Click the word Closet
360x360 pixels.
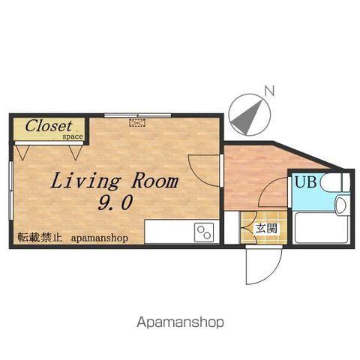pos(49,126)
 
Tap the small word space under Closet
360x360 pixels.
pos(73,136)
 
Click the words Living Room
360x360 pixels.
pos(115,181)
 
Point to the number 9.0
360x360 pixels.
pos(115,202)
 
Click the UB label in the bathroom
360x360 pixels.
pos(306,181)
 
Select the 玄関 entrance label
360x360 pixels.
pos(266,228)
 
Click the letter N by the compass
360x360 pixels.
pos(270,91)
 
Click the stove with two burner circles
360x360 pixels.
pos(204,232)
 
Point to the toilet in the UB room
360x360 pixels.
pos(333,183)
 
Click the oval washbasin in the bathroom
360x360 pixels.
pos(340,205)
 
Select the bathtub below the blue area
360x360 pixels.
pos(322,228)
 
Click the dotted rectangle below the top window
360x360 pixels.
pos(137,123)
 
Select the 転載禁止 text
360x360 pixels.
pos(40,238)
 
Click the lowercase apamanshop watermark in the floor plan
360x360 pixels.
pos(100,238)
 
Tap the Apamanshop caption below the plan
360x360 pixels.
pos(180,322)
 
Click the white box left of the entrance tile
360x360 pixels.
pos(232,227)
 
